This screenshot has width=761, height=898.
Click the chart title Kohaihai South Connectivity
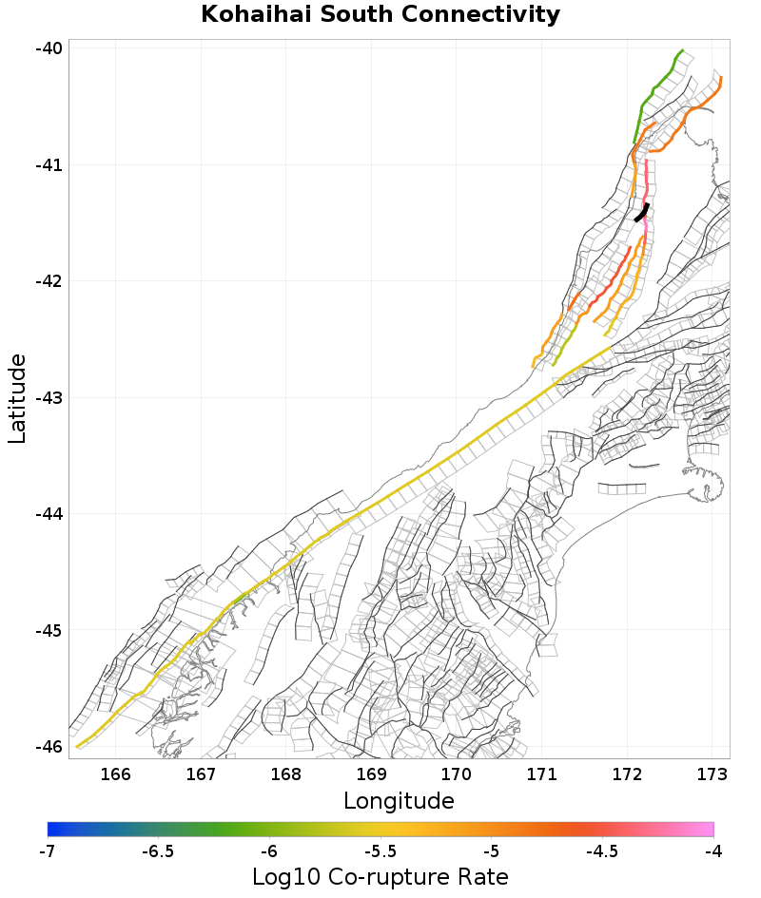pyautogui.click(x=380, y=15)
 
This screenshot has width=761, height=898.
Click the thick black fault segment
pyautogui.click(x=642, y=213)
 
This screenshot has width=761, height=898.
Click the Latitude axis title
pyautogui.click(x=17, y=398)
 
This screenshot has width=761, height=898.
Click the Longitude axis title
pyautogui.click(x=399, y=801)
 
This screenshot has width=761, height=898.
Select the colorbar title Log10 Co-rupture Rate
pyautogui.click(x=380, y=876)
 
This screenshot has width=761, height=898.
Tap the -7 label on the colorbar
pyautogui.click(x=48, y=850)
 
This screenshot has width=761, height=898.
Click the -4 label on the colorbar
pyautogui.click(x=713, y=850)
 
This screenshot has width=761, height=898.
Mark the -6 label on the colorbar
pyautogui.click(x=270, y=850)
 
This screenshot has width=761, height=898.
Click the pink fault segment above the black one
pyautogui.click(x=645, y=177)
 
